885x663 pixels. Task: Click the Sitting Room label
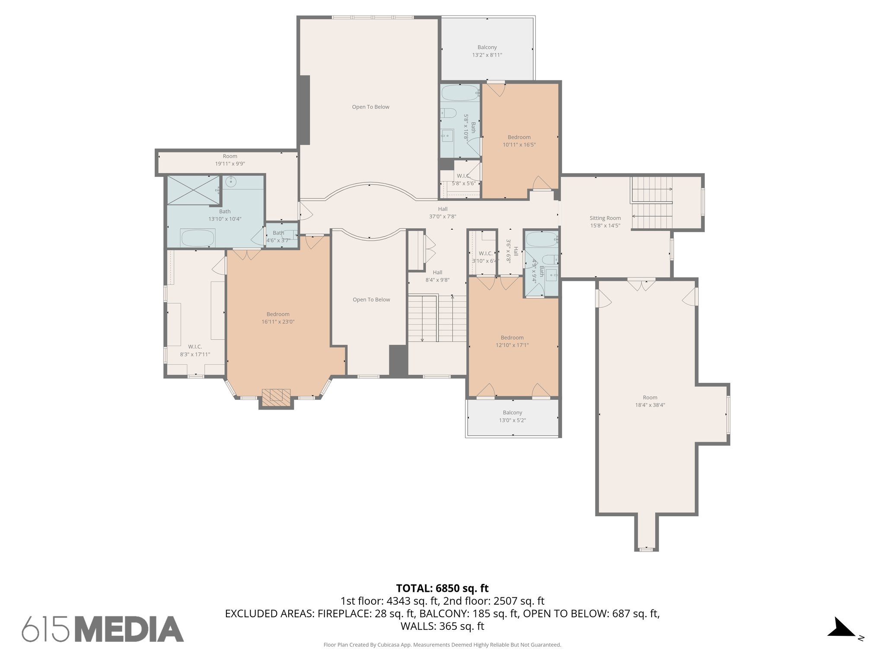(605, 218)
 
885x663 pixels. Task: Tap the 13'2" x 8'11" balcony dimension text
(487, 55)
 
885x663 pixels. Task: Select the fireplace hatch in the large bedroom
(276, 396)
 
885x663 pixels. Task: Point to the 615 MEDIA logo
(103, 629)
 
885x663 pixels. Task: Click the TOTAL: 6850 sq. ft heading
(442, 588)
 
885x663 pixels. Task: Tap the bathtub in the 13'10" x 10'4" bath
(197, 238)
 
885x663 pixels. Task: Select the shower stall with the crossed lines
(194, 190)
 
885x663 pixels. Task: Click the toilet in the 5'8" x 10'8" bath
(449, 114)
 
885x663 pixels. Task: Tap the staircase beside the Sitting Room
(652, 203)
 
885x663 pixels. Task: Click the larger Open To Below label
(370, 107)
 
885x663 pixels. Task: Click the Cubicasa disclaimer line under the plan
(442, 645)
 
